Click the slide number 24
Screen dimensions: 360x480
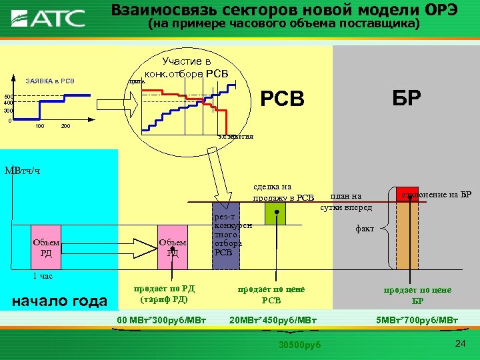[459, 343]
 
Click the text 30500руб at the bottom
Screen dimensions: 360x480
[300, 344]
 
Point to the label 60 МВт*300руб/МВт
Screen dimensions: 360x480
[162, 321]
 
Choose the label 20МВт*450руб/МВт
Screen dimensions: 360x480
[273, 321]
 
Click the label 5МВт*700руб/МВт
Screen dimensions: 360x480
[417, 321]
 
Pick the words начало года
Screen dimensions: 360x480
[60, 301]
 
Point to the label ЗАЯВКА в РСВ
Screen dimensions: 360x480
[49, 81]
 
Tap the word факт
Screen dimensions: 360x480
[365, 229]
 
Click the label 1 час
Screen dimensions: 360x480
[43, 275]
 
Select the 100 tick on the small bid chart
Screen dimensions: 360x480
[40, 126]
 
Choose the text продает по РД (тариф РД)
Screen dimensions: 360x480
[164, 294]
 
